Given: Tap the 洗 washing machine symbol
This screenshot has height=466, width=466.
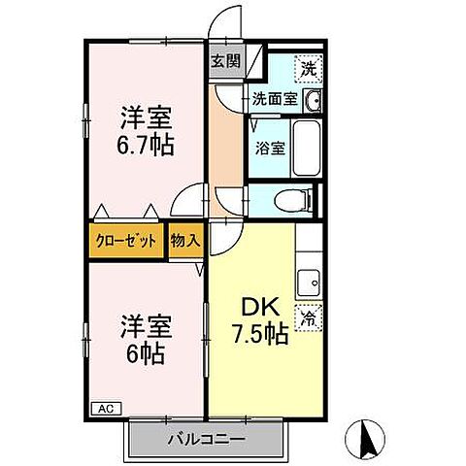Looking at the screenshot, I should pyautogui.click(x=308, y=69).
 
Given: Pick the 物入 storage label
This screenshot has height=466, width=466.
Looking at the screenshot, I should pyautogui.click(x=184, y=242).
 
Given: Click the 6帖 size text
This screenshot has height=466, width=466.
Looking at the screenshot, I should pyautogui.click(x=147, y=352).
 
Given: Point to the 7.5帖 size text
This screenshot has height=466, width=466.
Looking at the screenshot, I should pyautogui.click(x=257, y=335).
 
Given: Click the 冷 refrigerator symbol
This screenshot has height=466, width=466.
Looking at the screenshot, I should pyautogui.click(x=308, y=317).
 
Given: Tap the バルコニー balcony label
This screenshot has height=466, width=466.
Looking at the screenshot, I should pyautogui.click(x=206, y=439).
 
